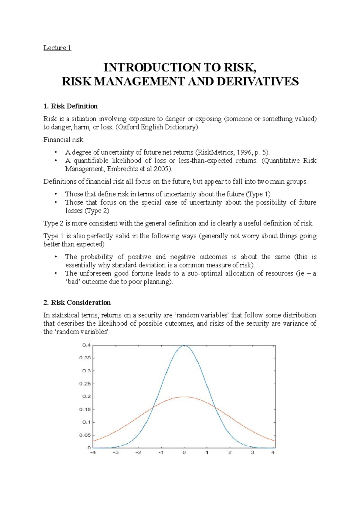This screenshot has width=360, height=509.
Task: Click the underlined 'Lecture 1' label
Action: (x=57, y=48)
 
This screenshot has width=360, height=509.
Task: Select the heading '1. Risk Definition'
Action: (x=70, y=106)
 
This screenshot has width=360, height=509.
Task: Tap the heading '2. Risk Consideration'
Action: (x=77, y=302)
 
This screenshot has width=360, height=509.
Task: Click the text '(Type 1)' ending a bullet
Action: (x=258, y=194)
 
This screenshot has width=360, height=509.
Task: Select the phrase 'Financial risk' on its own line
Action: (x=63, y=140)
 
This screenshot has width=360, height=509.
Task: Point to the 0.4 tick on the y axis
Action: (x=86, y=345)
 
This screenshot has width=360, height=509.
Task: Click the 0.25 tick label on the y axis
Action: (x=85, y=384)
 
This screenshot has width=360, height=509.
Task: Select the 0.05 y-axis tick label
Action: (x=85, y=435)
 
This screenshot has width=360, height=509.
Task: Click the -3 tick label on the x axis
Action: (x=115, y=453)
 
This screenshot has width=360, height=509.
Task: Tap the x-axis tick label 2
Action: (x=230, y=453)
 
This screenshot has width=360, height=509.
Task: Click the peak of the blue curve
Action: (x=184, y=346)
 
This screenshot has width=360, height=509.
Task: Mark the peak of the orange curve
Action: (x=184, y=397)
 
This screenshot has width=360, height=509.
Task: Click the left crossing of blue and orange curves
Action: (x=153, y=407)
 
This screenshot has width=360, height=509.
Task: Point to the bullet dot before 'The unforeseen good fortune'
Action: (x=56, y=273)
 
